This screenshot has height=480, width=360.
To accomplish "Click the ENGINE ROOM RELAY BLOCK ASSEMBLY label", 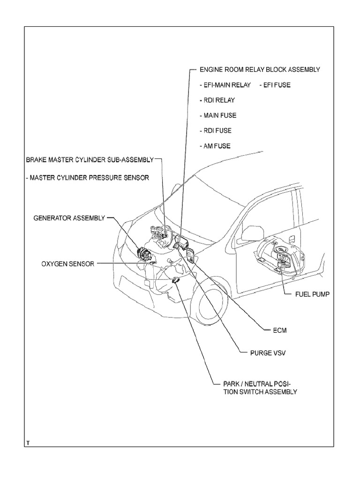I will tap(260, 69).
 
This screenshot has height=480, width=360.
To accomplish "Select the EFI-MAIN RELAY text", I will tap(225, 85).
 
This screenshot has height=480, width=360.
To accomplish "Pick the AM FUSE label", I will tap(215, 146).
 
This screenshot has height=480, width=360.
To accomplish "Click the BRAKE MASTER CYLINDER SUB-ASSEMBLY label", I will tap(90, 159).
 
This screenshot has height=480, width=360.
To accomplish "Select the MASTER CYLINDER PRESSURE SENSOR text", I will tap(87, 178).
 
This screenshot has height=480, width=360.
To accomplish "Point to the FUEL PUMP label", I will tap(312, 294).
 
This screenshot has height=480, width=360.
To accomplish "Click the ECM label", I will tap(279, 330).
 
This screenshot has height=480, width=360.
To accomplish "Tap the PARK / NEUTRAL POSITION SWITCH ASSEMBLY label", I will tap(254, 387).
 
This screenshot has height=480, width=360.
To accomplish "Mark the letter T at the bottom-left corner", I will tap(28, 442).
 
